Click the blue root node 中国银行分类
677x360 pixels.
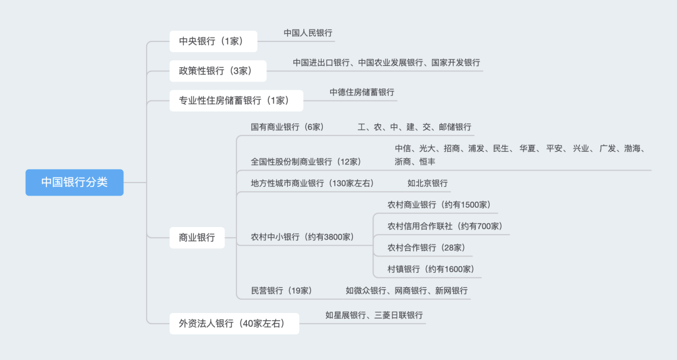[75, 183]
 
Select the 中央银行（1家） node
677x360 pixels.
[213, 41]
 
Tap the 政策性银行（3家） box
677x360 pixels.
[218, 71]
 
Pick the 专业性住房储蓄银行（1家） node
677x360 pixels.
[236, 100]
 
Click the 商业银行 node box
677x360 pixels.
[197, 238]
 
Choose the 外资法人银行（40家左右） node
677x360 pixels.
[234, 324]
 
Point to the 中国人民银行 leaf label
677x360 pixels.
[308, 33]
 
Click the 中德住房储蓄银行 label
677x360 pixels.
[362, 92]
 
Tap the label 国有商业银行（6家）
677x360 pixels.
[287, 127]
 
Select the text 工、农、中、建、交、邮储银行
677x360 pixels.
[414, 127]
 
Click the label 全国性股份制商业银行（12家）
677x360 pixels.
[306, 161]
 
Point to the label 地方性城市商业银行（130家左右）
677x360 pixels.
[312, 183]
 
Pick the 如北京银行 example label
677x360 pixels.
[428, 183]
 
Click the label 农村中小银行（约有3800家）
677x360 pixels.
[302, 237]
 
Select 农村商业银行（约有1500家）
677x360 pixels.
[439, 205]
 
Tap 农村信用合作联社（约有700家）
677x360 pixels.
[444, 226]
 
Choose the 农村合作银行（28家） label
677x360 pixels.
[426, 248]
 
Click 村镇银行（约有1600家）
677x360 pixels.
[431, 269]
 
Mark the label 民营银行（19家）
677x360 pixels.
[281, 290]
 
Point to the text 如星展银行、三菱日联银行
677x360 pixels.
[374, 315]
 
